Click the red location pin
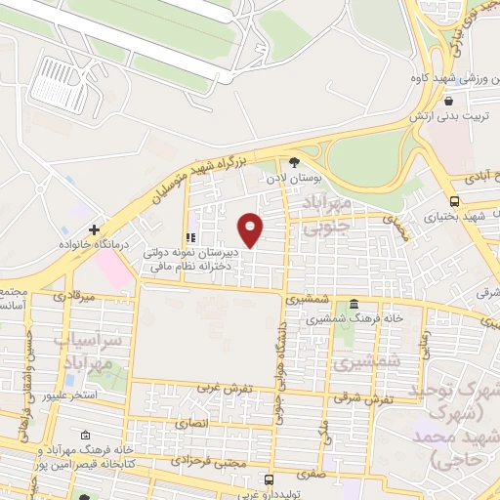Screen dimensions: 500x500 [251, 229]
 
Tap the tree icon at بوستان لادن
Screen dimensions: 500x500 [294, 163]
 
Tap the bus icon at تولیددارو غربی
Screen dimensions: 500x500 [271, 479]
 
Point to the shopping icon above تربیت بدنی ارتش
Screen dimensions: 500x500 [448, 100]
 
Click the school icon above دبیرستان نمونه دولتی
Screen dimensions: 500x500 [191, 237]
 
